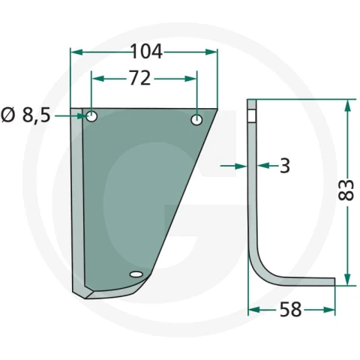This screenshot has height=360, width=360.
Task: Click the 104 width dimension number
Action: pos(146,52)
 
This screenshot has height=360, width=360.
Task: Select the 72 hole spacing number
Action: pos(140,78)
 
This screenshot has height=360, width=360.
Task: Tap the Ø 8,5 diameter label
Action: pos(25,115)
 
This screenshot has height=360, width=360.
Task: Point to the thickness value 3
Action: pos(285,166)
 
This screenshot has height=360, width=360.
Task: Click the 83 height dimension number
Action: pos(346,190)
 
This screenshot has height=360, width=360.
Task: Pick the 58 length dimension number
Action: pos(290,310)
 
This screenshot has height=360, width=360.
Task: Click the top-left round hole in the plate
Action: pos(91,116)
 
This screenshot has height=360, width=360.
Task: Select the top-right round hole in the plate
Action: pos(196,120)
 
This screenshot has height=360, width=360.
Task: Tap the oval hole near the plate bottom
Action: pos(136,274)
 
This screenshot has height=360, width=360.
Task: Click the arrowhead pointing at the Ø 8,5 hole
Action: pos(83,116)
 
